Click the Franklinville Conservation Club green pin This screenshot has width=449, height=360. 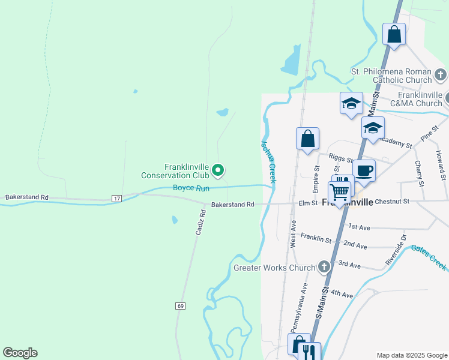[x=218, y=171]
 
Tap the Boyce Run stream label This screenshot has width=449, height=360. [x=191, y=188]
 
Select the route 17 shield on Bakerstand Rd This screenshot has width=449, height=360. [x=116, y=198]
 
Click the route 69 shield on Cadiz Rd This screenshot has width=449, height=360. [x=181, y=306]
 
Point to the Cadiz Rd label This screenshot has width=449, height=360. [x=202, y=221]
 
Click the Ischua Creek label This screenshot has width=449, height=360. [x=268, y=161]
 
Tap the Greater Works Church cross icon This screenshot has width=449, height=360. [x=324, y=266]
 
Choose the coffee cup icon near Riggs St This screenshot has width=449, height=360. [x=364, y=170]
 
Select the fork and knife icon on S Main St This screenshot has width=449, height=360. [x=310, y=352]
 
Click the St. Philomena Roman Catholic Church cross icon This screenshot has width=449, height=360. [x=441, y=76]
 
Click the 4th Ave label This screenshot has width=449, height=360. [x=342, y=294]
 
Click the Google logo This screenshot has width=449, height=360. [x=20, y=353]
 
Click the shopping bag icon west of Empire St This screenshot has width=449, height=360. [x=307, y=139]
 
